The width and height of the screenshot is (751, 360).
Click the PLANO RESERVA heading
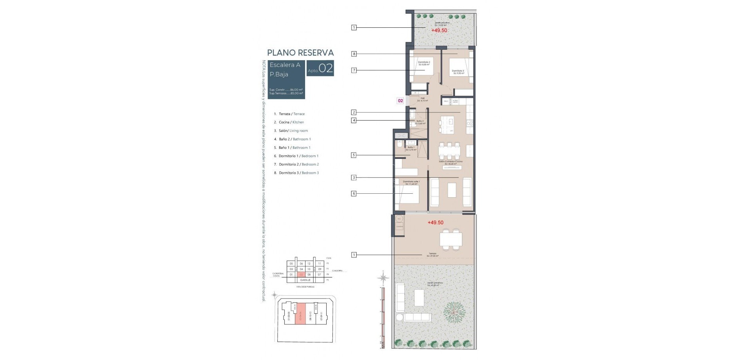click(300, 52)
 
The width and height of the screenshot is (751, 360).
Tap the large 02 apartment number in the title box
click(326, 69)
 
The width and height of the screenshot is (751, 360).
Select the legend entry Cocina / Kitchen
click(291, 122)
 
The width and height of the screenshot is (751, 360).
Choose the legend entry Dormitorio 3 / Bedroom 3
click(298, 173)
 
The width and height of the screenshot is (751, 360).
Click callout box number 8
click(354, 54)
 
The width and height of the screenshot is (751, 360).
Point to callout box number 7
click(354, 70)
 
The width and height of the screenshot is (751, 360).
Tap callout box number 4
click(354, 121)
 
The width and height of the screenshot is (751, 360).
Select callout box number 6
click(354, 193)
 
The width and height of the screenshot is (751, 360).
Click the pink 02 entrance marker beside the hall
click(400, 101)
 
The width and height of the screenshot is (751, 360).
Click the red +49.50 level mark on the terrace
click(435, 222)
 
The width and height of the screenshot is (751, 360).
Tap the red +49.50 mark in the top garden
click(439, 30)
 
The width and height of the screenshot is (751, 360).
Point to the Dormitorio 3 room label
click(458, 72)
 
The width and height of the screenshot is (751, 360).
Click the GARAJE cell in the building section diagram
click(305, 280)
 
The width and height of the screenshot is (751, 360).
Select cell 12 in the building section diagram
click(309, 264)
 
